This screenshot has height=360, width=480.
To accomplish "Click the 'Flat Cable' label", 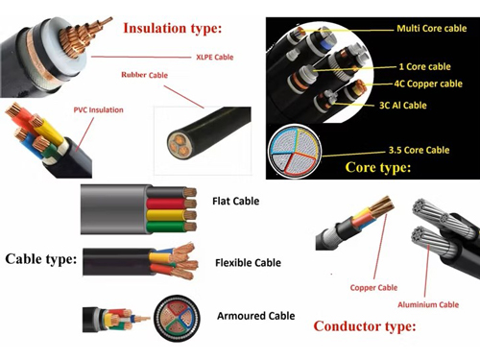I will pos(235,202).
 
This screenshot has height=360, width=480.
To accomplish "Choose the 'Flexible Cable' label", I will pos(248,262).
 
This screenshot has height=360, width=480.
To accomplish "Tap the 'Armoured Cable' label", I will pos(254,315).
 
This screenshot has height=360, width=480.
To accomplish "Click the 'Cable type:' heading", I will pos(41,258).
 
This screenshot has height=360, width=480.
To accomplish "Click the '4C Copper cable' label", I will pos(428,83).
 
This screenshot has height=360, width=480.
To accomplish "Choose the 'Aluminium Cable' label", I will pos(428,305).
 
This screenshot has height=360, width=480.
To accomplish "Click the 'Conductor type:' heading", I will pos(365,326).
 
